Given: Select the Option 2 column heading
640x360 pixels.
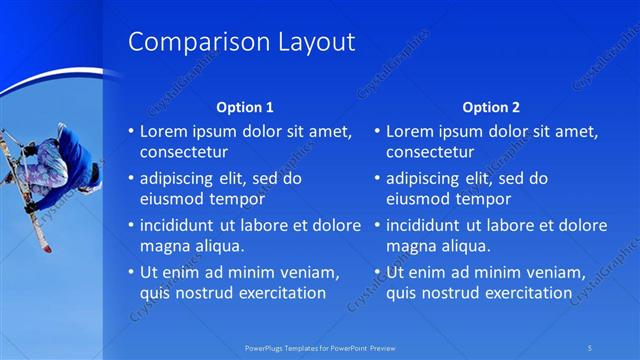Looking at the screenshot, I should (491, 107).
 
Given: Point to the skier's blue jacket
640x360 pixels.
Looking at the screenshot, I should (73, 160).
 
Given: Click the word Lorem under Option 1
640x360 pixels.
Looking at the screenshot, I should (163, 131).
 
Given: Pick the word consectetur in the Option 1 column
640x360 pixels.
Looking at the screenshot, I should (184, 153).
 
